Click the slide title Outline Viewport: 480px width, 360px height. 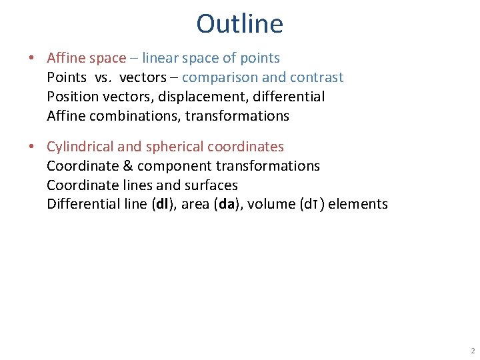click(240, 24)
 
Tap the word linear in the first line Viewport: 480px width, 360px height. click(160, 58)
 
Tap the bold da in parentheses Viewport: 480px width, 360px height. click(227, 204)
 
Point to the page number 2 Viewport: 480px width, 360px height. click(473, 351)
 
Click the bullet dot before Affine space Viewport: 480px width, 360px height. click(31, 58)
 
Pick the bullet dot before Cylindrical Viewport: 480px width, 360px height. click(31, 147)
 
